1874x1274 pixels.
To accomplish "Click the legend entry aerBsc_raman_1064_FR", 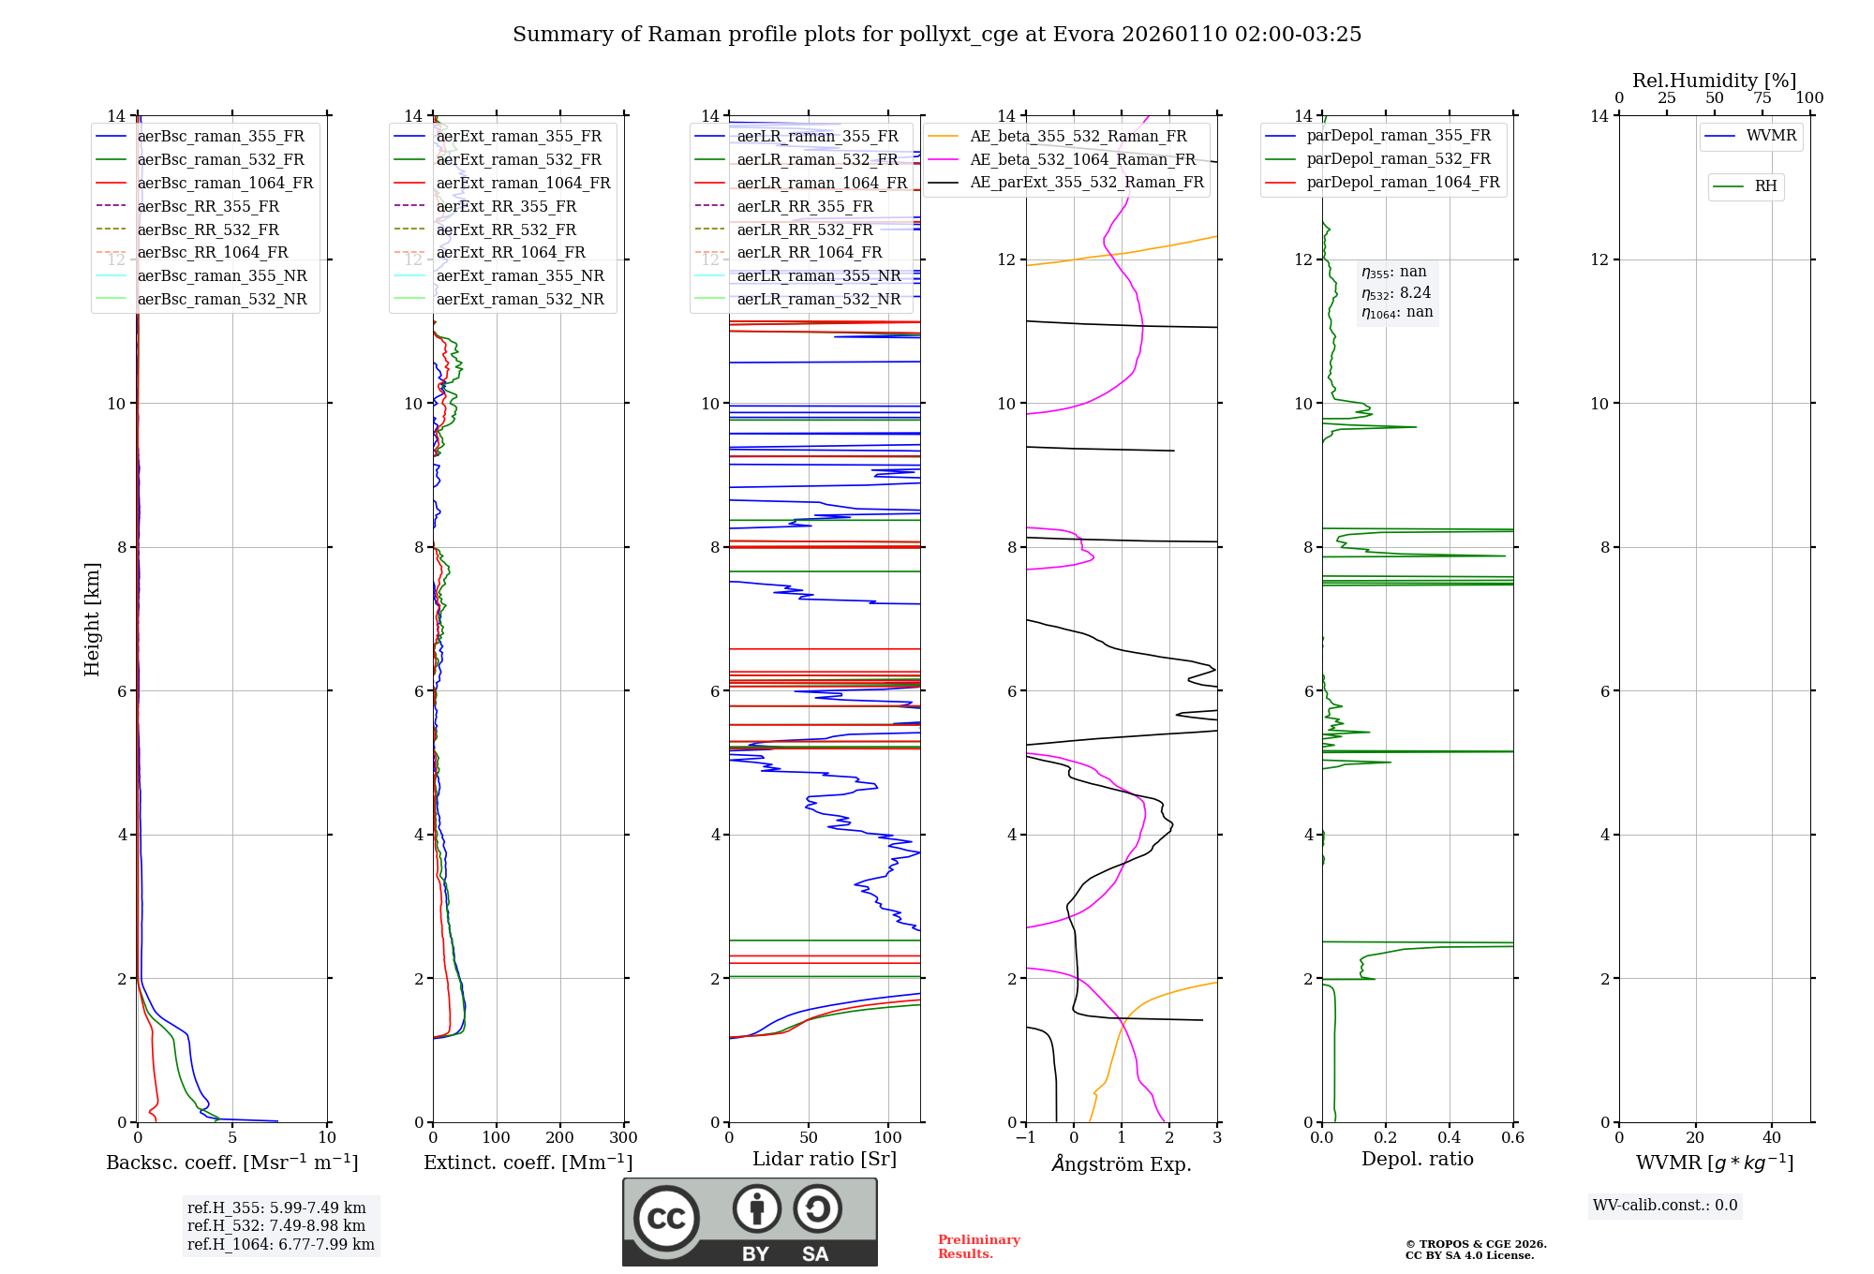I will (x=225, y=183).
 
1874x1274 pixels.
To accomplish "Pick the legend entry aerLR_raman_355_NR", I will (x=818, y=275).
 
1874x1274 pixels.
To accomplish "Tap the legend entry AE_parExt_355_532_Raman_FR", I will (x=1086, y=182).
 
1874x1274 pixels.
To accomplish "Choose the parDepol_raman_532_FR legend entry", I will (x=1398, y=158).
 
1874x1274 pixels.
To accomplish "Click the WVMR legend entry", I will (x=1771, y=136).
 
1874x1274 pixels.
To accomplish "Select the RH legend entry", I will (x=1765, y=186).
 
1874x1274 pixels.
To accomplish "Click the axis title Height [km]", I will (x=92, y=618).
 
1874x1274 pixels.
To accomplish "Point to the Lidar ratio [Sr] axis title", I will (x=824, y=1159).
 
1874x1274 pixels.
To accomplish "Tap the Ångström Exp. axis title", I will (x=1122, y=1163).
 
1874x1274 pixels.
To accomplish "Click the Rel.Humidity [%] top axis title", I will (x=1714, y=81).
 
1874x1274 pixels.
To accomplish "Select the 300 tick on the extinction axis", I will (x=623, y=1138).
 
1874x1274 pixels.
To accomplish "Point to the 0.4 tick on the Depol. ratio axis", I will (x=1449, y=1138).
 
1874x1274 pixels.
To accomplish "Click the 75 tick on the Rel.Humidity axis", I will (x=1762, y=98).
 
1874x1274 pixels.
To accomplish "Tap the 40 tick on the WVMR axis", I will (x=1771, y=1138).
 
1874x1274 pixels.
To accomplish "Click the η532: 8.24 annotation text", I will (x=1396, y=292).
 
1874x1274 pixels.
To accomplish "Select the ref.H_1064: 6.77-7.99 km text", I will (x=280, y=1244).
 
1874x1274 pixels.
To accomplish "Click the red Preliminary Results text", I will (x=978, y=1246).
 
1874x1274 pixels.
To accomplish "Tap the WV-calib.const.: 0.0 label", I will (x=1664, y=1205).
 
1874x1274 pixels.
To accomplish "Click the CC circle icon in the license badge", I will (x=666, y=1219).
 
